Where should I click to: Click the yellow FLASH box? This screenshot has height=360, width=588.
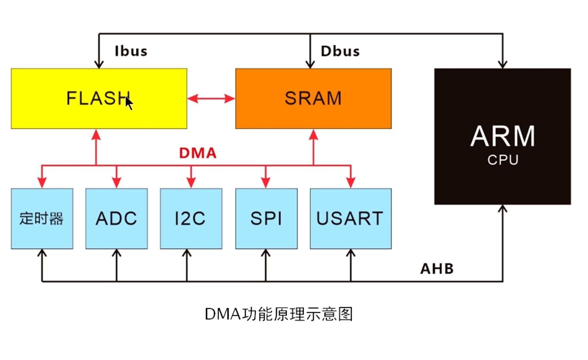click(99, 99)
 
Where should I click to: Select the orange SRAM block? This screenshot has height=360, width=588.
click(314, 99)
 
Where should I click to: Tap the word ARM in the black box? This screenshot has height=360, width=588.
click(503, 136)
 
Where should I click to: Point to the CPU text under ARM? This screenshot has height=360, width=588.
click(503, 160)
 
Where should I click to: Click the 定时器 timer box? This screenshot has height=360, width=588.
click(42, 219)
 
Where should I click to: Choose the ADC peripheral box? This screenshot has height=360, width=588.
click(116, 219)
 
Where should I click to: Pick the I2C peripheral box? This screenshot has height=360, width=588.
click(191, 219)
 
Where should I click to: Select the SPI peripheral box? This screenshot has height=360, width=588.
click(266, 219)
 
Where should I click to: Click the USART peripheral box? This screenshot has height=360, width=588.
click(351, 219)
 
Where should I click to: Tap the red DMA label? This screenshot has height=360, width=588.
click(198, 153)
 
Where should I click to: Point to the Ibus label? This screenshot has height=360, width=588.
click(131, 51)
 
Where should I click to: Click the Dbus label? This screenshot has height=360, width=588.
click(340, 51)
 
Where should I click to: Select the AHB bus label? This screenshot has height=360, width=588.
click(437, 269)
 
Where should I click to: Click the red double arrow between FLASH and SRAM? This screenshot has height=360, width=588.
click(211, 99)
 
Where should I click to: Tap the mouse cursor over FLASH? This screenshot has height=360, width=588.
click(129, 103)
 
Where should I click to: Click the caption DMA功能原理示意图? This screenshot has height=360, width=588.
click(279, 314)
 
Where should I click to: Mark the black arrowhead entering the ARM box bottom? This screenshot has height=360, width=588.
click(503, 209)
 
